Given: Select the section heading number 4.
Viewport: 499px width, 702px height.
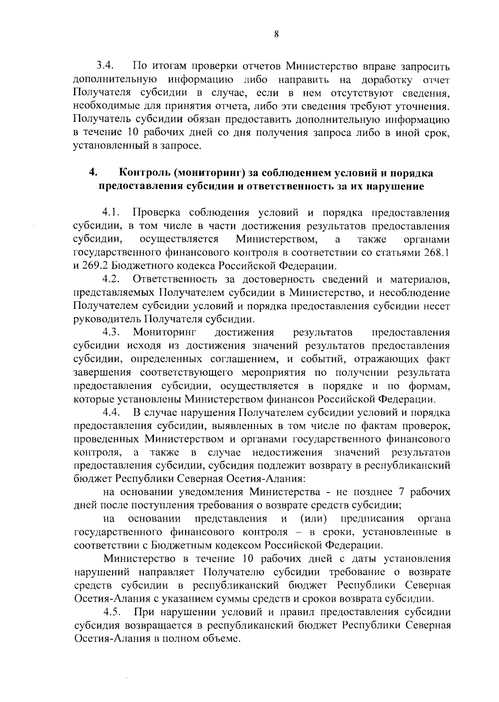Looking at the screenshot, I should tap(93, 172).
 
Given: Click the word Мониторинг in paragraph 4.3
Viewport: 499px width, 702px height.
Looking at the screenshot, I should tap(165, 333).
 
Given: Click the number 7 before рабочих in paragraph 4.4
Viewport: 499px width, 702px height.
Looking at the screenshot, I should tap(401, 492).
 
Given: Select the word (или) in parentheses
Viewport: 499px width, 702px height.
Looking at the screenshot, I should tap(313, 519).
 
